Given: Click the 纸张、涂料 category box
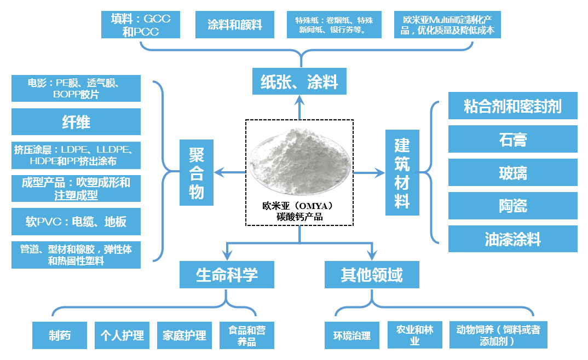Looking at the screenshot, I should pos(299,82).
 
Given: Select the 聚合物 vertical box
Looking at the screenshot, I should pos(197,173).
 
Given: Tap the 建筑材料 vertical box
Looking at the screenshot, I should pos(402,173).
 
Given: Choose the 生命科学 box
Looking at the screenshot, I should pos(227,275).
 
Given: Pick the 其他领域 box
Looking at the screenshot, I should pos(372,275).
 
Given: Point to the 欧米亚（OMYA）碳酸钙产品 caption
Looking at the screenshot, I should pos(299,212).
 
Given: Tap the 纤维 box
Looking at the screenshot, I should pos(76,121).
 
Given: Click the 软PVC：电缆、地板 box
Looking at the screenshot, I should pos(76,222).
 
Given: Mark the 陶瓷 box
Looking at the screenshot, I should pos(512,206).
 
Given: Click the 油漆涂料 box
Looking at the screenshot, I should pos(512,239).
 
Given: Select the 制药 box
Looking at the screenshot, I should pos(60,335).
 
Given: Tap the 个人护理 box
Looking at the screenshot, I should pos(122,335).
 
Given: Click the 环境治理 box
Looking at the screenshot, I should pos(352,335).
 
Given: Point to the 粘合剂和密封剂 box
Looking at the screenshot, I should pos(512,106).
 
